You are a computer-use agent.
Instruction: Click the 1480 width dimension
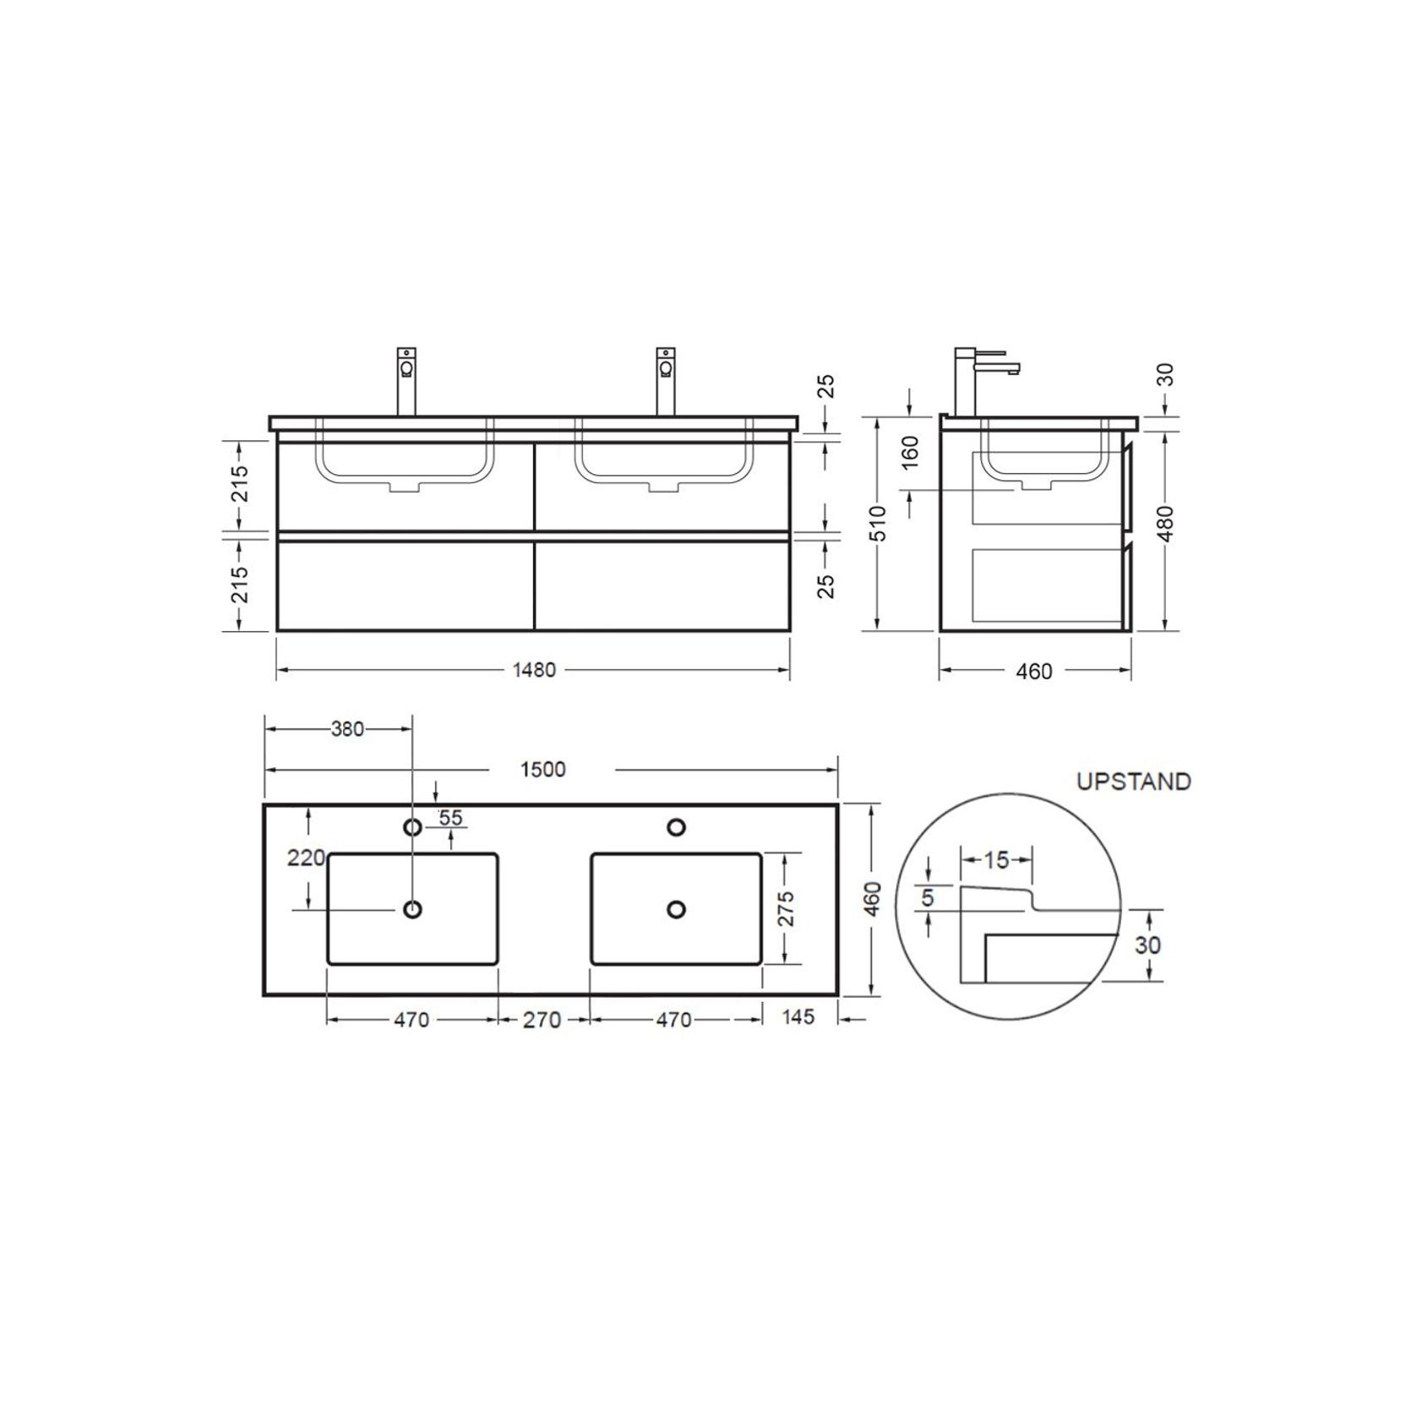[534, 670]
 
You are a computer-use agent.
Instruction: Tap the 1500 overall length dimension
[542, 770]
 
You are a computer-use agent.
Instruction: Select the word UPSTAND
[1134, 782]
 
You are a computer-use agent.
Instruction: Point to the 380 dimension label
[347, 728]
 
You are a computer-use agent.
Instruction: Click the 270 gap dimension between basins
[542, 1020]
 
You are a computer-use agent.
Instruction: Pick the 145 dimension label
[798, 1016]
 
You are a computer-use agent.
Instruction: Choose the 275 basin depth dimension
[787, 908]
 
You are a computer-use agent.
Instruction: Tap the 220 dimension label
[306, 858]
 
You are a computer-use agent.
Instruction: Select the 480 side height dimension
[1166, 524]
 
